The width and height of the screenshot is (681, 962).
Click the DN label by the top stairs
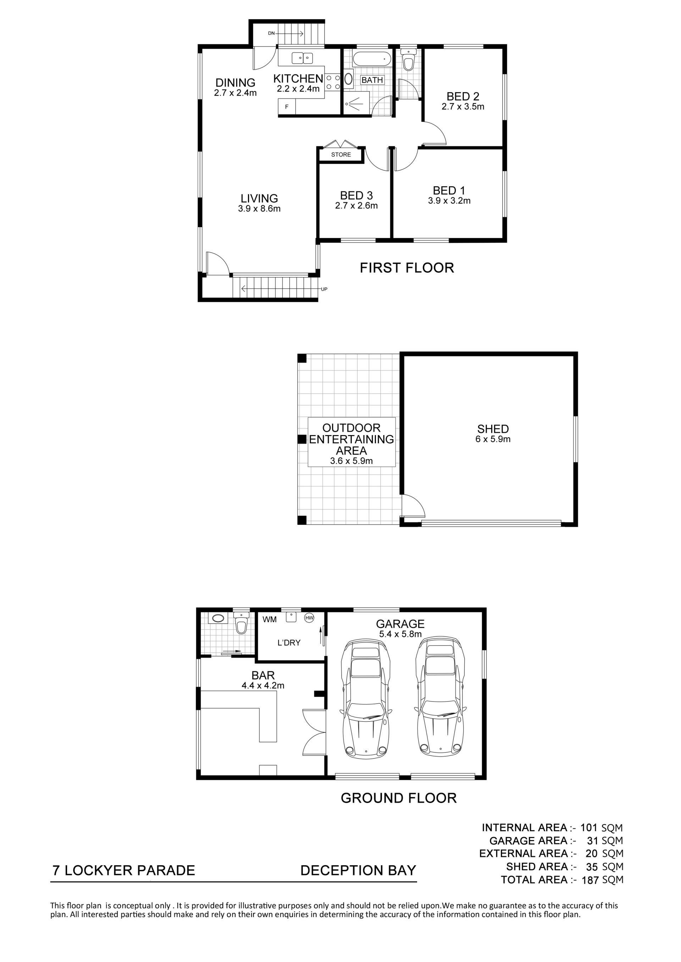point(271,33)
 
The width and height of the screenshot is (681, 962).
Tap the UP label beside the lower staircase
point(324,289)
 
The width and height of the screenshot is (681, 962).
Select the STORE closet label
point(341,154)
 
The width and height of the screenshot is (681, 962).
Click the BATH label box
point(372,80)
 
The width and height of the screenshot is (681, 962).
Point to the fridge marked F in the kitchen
point(287,107)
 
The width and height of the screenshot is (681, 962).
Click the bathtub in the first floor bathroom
point(372,59)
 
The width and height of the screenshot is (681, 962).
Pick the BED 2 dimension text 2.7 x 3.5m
point(463,107)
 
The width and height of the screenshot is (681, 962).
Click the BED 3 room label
point(356,195)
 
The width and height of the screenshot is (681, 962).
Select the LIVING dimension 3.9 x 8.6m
point(259,209)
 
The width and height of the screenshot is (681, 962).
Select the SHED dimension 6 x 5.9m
point(493,439)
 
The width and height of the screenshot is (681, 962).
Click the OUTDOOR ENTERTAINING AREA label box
point(351,442)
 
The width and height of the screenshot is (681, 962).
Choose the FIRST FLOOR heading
point(407,268)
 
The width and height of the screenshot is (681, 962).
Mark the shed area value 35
point(592,866)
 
